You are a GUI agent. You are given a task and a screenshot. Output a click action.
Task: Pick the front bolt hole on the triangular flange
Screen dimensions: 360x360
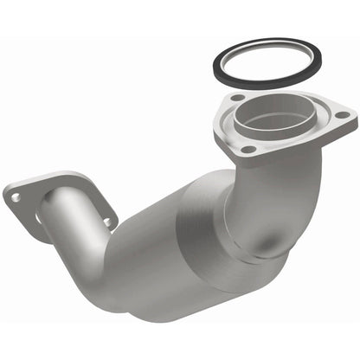pos(249,149)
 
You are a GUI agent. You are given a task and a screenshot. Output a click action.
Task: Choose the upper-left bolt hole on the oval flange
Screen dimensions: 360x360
pos(16,197)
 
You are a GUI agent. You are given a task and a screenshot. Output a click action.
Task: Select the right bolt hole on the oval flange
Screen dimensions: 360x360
pos(106,222)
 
